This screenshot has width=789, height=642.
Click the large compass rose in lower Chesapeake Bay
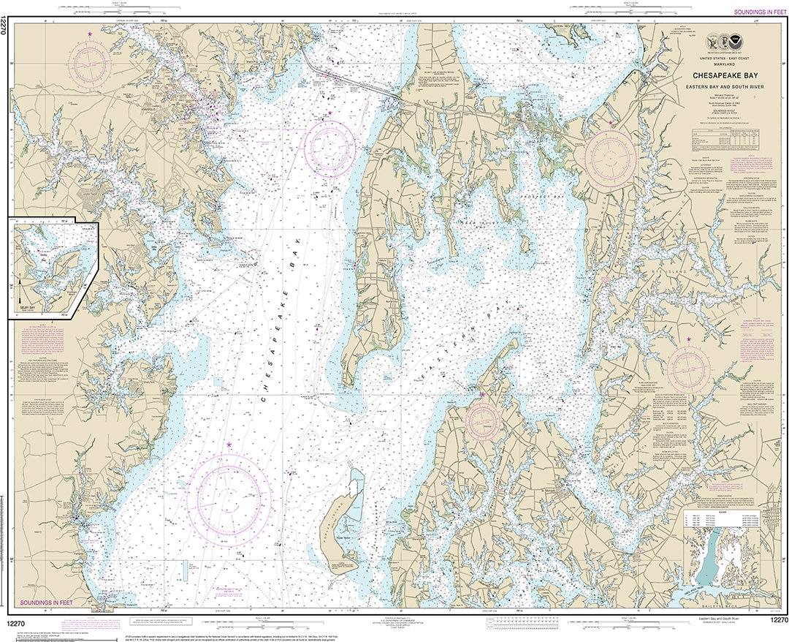point(229,499)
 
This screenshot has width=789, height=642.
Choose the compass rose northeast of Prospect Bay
point(611,158)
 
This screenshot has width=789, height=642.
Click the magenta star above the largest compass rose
point(229,445)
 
